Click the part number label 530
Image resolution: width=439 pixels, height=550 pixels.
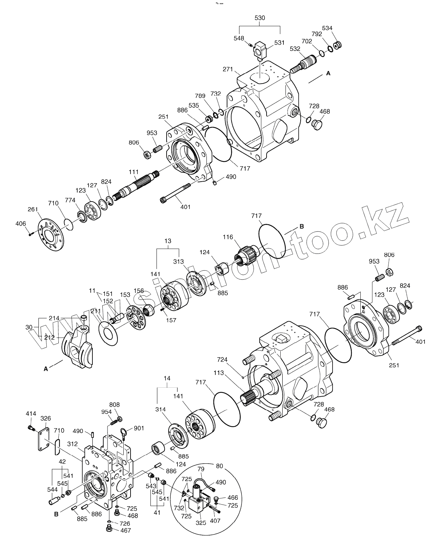click(x=260, y=18)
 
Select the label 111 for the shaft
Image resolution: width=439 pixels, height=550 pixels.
click(x=133, y=172)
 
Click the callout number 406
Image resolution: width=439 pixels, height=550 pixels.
click(x=21, y=224)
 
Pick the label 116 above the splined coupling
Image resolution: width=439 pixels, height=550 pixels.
click(x=227, y=237)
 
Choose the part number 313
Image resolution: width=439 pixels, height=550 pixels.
click(x=178, y=261)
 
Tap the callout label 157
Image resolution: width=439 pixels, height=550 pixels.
click(x=171, y=320)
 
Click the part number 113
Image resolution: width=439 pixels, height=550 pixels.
click(x=218, y=373)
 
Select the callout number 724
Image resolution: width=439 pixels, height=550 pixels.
click(x=222, y=360)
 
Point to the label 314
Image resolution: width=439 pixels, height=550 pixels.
click(x=160, y=409)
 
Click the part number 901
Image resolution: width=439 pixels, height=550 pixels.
click(x=139, y=428)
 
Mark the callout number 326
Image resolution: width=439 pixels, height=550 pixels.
click(x=46, y=418)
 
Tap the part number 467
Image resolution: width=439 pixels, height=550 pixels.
click(x=126, y=531)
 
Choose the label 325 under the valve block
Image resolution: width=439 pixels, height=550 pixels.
click(x=201, y=523)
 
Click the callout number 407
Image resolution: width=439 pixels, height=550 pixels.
click(x=215, y=520)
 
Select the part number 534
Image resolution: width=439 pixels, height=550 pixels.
click(x=327, y=28)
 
